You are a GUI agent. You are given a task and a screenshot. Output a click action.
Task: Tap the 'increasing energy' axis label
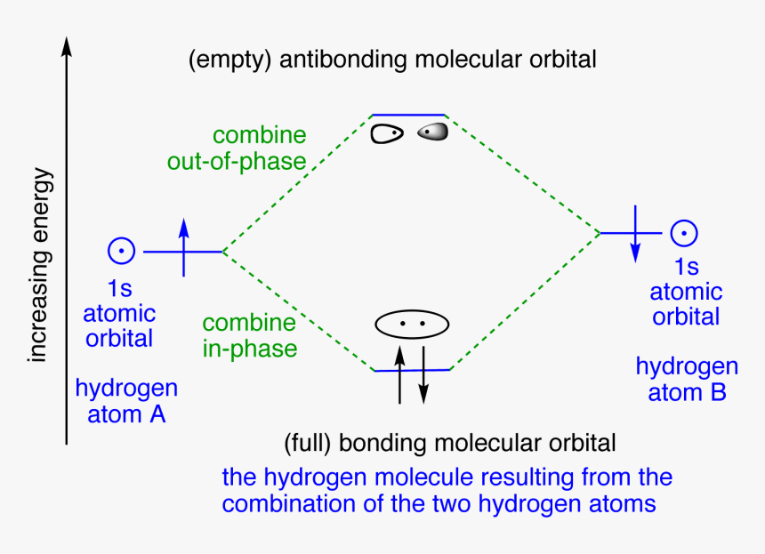37,266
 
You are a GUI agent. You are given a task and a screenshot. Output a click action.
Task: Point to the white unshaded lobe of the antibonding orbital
386,133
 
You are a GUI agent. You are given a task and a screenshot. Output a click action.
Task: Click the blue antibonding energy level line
408,115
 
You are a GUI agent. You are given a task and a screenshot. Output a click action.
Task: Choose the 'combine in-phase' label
250,335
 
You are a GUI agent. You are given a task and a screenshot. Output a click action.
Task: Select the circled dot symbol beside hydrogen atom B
683,233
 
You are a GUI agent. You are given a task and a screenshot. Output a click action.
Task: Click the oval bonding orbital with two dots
409,325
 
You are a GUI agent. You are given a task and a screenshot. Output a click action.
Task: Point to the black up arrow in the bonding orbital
399,373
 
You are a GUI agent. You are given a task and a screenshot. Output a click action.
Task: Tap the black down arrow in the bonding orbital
423,373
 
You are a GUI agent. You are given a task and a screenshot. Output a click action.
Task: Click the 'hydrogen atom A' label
126,401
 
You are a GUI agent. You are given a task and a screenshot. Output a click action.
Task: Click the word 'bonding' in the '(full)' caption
377,442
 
